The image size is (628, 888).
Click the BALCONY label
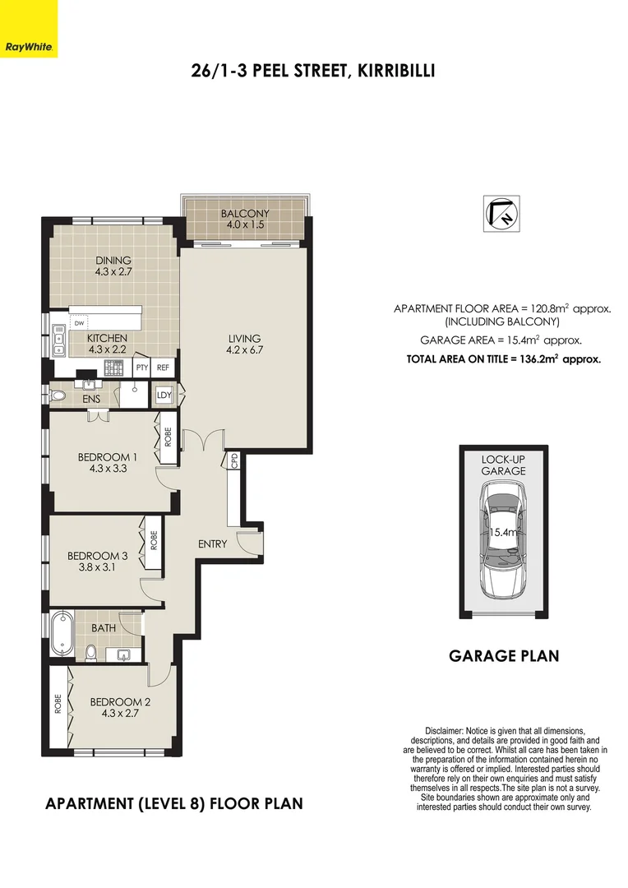[245, 215]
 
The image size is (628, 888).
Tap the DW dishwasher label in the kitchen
[80, 323]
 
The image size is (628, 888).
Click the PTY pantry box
[142, 368]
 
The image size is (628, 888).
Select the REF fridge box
[164, 368]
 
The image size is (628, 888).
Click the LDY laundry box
[164, 396]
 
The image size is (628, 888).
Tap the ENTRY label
[213, 544]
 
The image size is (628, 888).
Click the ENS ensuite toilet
[58, 396]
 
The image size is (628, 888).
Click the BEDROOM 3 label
[98, 556]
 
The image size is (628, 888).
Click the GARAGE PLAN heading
[503, 656]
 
